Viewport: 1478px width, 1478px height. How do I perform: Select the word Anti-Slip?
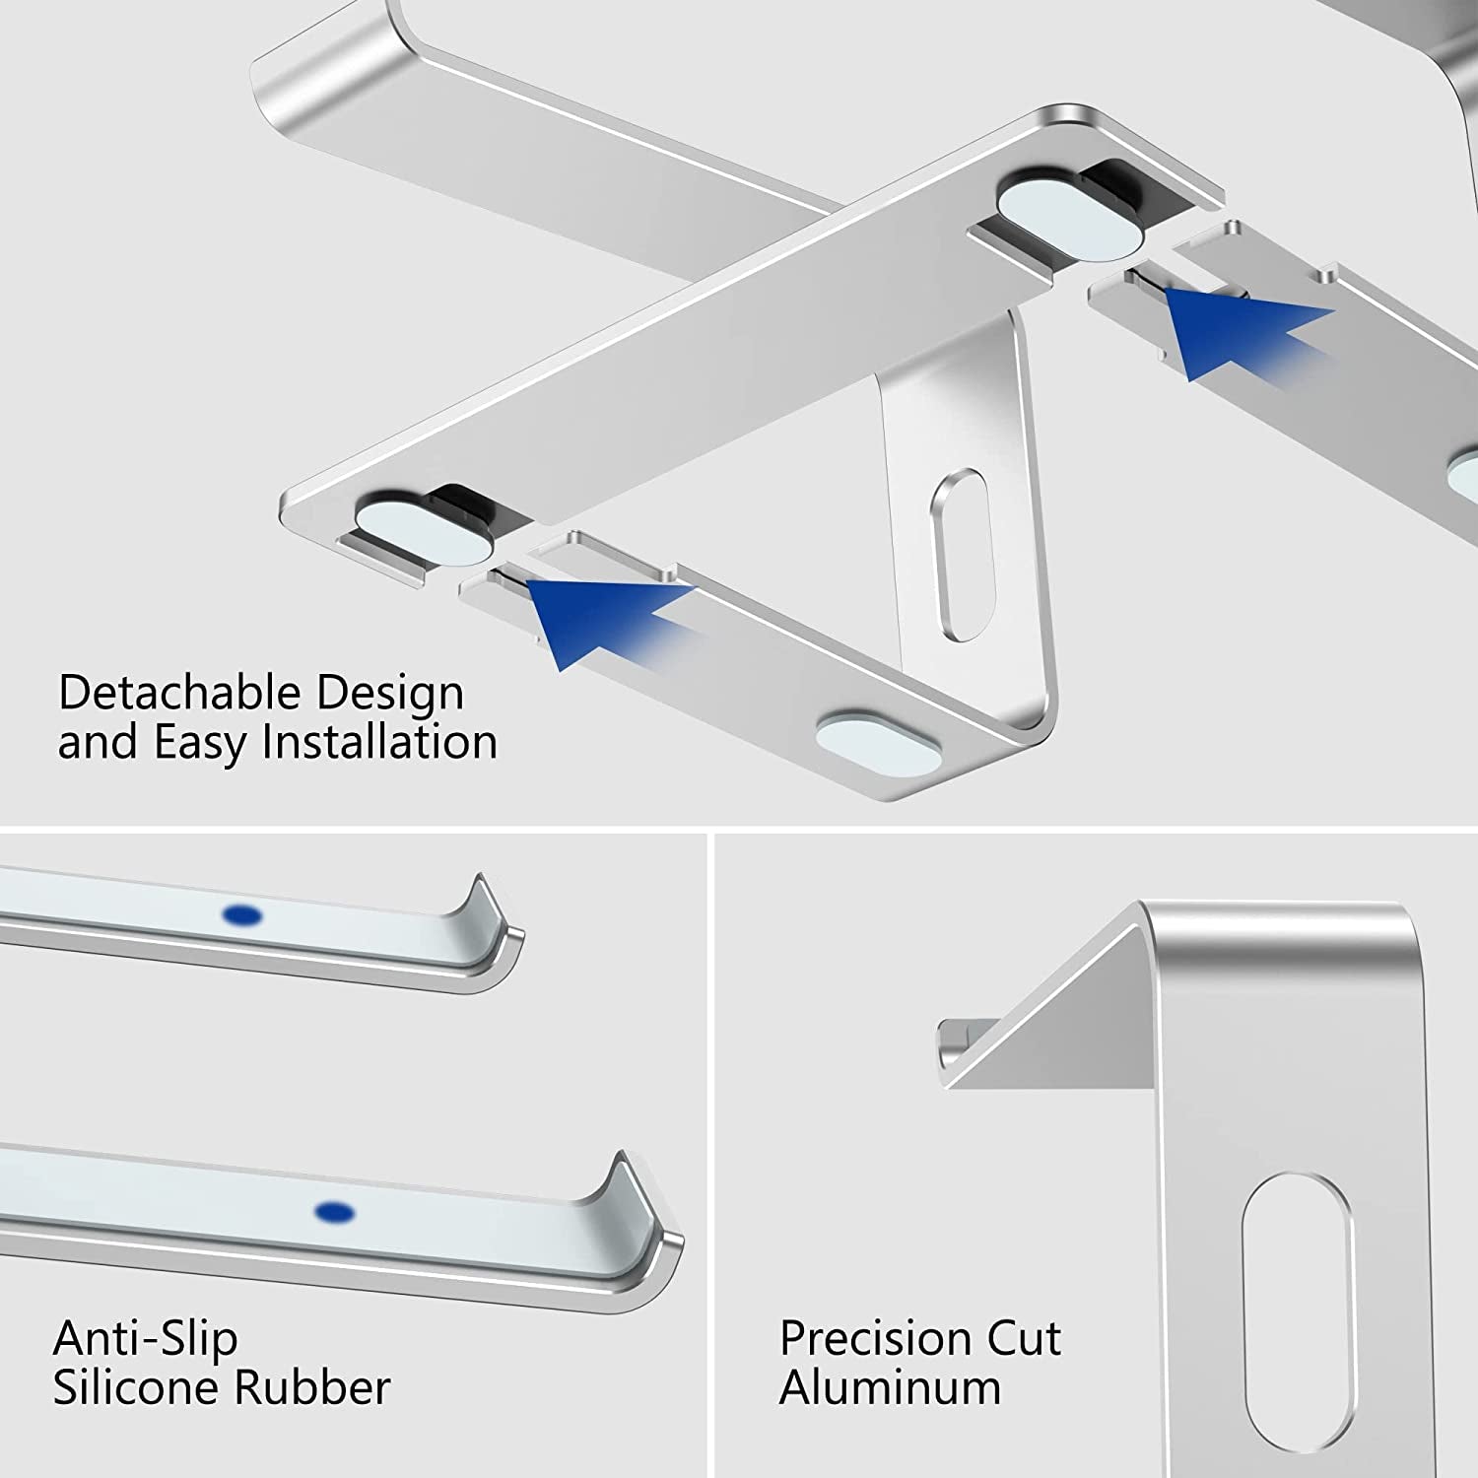146,1338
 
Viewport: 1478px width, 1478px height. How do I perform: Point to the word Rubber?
312,1387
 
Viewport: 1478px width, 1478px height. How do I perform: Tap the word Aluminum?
890,1387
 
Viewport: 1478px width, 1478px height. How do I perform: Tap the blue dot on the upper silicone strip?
242,915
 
